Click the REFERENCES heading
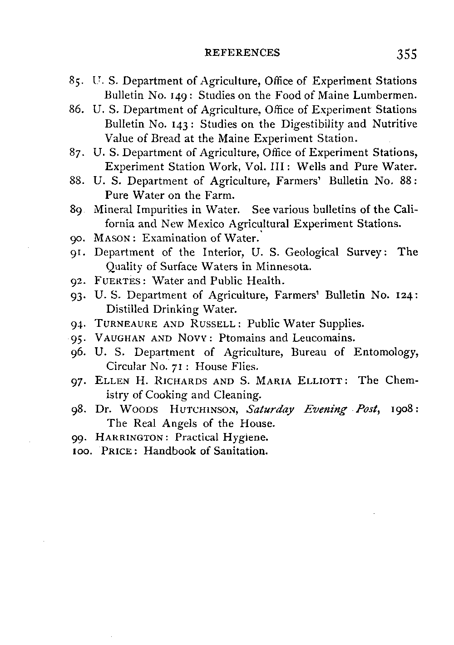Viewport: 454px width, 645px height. pyautogui.click(x=242, y=53)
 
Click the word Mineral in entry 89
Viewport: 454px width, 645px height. pyautogui.click(x=111, y=210)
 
